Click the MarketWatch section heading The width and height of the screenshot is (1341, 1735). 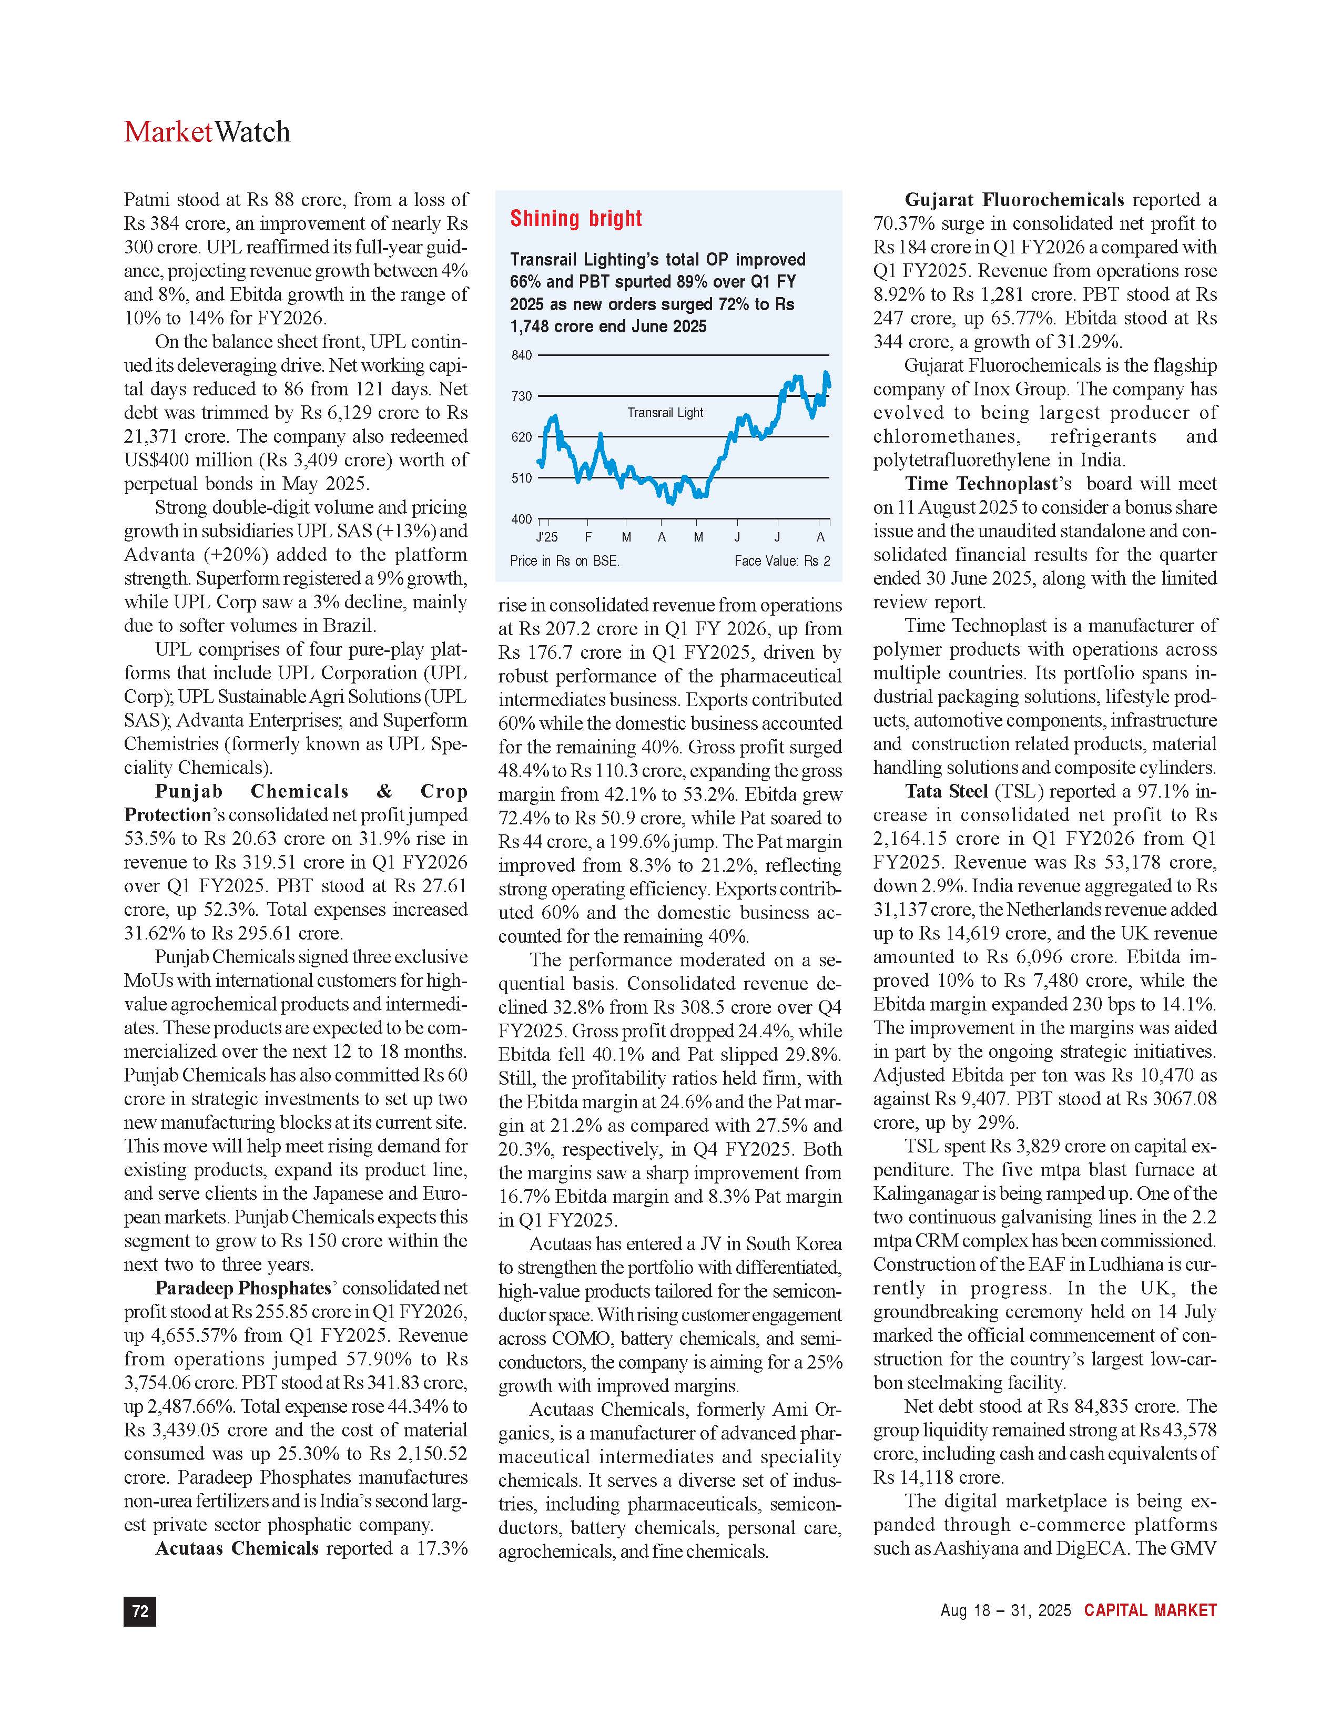[x=207, y=132]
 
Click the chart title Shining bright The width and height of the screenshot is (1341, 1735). [x=576, y=219]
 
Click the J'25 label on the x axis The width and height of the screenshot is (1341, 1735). [x=546, y=537]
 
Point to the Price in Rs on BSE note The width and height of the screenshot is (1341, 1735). [x=564, y=561]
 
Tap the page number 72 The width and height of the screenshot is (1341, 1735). [x=140, y=1611]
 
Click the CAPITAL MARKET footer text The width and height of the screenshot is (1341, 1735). [x=1150, y=1610]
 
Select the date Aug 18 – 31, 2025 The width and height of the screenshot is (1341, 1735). [x=1005, y=1610]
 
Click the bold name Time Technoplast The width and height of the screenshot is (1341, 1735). [x=981, y=484]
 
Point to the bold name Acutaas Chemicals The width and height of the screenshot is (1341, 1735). [x=237, y=1548]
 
